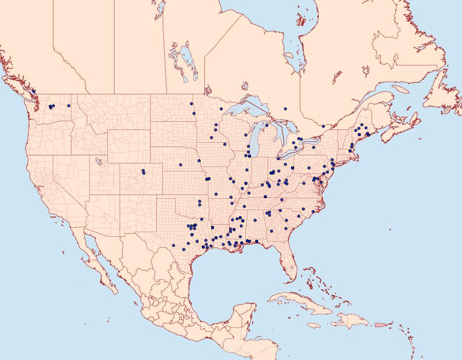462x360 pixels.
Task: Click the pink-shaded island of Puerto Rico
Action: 380,324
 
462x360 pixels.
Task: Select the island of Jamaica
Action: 314,325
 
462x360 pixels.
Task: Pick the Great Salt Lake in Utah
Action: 97,160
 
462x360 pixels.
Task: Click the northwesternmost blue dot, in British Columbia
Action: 34,91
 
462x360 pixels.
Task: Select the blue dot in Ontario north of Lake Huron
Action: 285,108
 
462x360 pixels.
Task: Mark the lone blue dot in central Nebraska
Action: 181,164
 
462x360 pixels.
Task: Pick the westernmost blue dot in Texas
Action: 174,245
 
